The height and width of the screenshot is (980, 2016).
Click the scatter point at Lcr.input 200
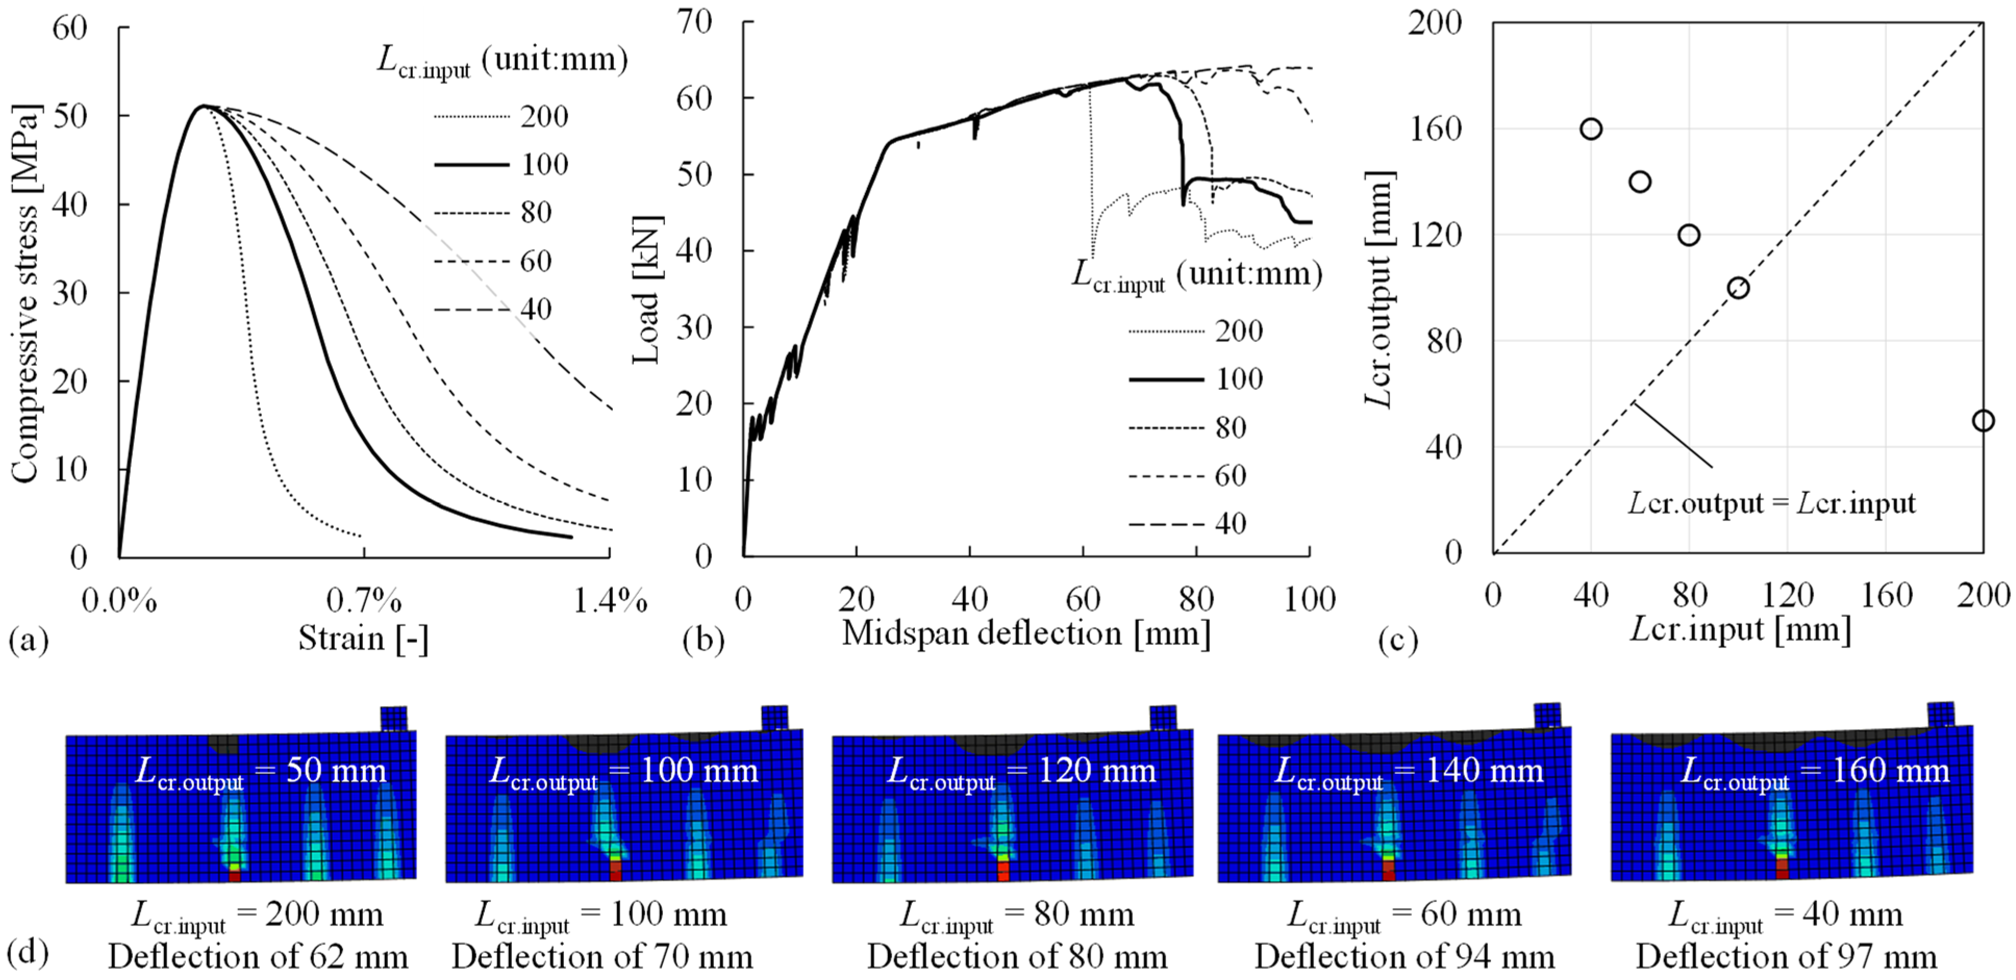point(1982,421)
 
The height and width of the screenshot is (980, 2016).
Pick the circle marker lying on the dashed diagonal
point(1737,288)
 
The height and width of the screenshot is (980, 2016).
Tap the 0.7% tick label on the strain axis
point(364,601)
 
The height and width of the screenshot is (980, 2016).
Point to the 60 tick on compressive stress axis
point(70,28)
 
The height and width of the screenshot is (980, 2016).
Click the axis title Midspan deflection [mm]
point(1025,633)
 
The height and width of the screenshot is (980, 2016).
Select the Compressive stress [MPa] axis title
point(24,294)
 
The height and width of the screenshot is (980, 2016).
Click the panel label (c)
point(1398,640)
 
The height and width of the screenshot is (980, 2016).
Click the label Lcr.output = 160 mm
point(1814,772)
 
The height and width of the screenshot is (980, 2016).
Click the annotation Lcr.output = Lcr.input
point(1771,503)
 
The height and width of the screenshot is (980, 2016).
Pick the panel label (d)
point(28,952)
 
